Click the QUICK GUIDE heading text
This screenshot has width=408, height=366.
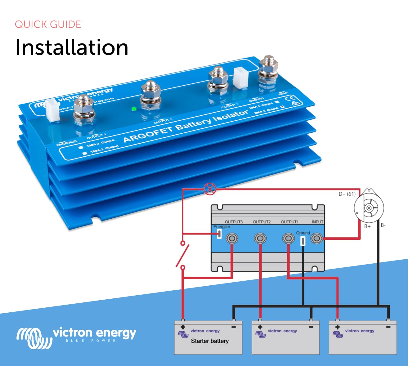(x=48, y=25)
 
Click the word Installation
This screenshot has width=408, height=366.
(x=72, y=47)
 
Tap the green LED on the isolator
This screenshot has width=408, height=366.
(x=134, y=109)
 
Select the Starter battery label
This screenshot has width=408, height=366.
(x=210, y=341)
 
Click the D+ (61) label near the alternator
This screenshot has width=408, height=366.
(x=347, y=194)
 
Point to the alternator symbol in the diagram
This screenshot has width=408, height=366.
(x=369, y=207)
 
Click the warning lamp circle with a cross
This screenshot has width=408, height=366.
(x=210, y=189)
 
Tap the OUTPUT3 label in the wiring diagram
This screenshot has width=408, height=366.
(x=234, y=222)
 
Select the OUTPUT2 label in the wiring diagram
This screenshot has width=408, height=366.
(x=262, y=222)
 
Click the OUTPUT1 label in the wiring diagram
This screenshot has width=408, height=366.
(x=289, y=222)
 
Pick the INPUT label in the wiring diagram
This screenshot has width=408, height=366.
(x=317, y=222)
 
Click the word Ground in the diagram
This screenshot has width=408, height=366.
(x=303, y=233)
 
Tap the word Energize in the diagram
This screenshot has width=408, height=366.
(x=222, y=227)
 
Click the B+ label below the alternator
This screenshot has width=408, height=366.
(x=367, y=226)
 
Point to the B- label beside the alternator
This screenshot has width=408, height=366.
(x=383, y=225)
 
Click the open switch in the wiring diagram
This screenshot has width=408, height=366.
(x=183, y=255)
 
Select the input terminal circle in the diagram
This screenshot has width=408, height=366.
(x=316, y=239)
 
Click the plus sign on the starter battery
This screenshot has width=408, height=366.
(x=183, y=327)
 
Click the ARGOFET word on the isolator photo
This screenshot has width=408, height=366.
(x=148, y=134)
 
